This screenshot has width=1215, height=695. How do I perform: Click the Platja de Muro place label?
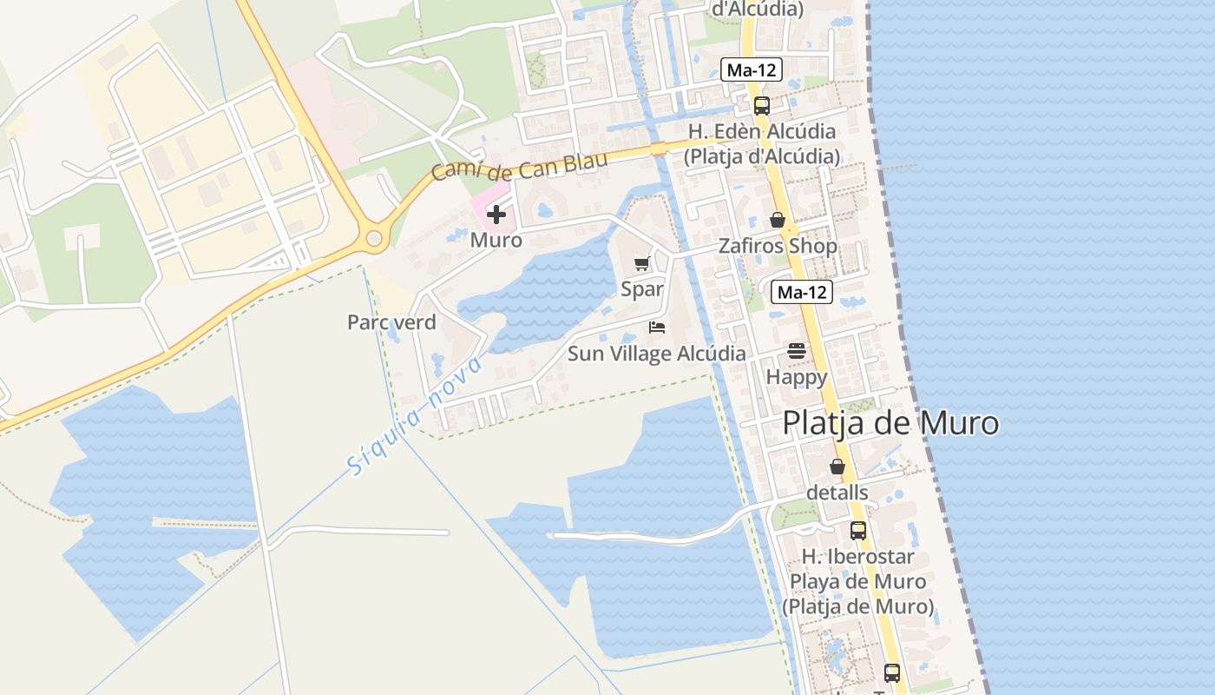coord(890,424)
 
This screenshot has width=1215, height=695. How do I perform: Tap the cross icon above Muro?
coord(496,214)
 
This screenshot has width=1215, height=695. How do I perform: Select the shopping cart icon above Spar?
coord(642,264)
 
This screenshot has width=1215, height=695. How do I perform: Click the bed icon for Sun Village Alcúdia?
coord(657,328)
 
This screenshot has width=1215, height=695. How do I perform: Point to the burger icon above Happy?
coord(796,351)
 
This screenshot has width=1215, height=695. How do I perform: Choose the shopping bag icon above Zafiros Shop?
coord(778,220)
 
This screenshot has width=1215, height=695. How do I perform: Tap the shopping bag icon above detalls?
coord(837,467)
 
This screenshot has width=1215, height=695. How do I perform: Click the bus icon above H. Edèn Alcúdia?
coord(761,106)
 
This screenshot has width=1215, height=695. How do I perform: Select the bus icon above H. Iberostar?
coord(858,530)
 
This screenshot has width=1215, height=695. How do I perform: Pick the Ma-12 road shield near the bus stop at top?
coord(752,70)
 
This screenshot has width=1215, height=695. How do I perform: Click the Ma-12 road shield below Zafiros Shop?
coord(802,293)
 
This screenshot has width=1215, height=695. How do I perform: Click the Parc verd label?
coord(391,322)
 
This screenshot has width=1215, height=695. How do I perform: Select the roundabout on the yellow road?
coord(374,237)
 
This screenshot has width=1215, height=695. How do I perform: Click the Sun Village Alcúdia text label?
coord(656,354)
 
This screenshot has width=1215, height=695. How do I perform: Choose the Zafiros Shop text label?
coord(778,246)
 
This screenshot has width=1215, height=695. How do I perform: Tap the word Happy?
coord(796,377)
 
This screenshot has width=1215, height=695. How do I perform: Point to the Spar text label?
coord(642,289)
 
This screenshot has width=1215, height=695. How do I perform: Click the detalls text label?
coord(837,493)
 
